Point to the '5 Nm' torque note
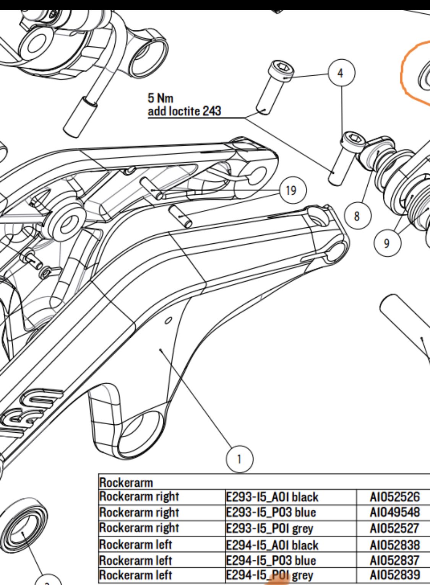[x=160, y=99]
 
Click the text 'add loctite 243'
[x=184, y=111]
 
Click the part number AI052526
[x=395, y=497]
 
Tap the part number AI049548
[x=395, y=512]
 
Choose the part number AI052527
[x=395, y=528]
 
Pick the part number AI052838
[x=395, y=544]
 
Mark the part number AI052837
[x=395, y=561]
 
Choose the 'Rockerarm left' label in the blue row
[x=136, y=561]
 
